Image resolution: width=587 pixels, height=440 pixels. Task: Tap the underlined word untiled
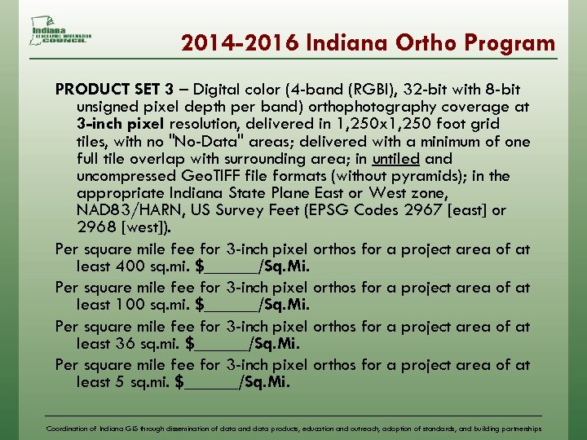pyautogui.click(x=395, y=158)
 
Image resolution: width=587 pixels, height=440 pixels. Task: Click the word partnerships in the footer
pyautogui.click(x=519, y=428)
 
